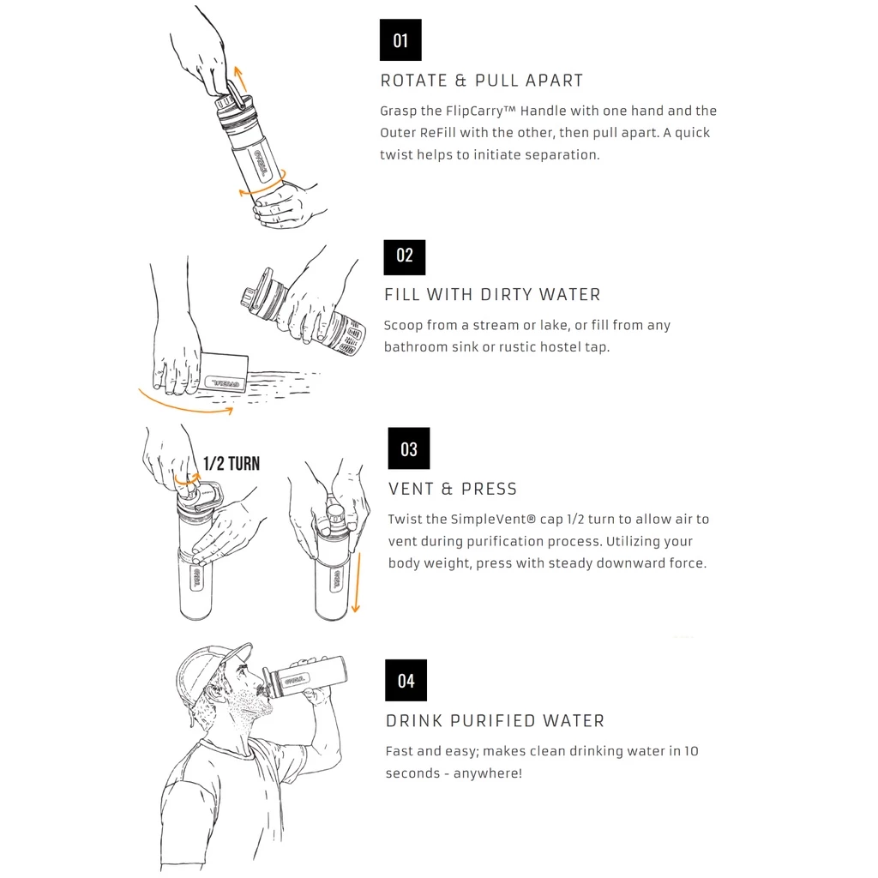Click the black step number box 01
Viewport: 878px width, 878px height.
coord(400,39)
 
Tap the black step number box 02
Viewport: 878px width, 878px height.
coord(405,257)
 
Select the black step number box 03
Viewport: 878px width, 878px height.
coord(409,448)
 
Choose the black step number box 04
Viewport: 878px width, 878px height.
coord(406,680)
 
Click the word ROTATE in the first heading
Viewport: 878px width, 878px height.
coord(414,81)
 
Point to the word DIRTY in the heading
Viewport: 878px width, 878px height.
coord(503,295)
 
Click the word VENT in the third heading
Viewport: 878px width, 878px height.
coord(411,489)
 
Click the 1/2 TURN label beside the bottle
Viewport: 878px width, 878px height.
coord(232,464)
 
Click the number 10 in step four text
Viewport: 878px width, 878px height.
coord(691,751)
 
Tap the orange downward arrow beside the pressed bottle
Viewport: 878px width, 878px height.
coord(356,582)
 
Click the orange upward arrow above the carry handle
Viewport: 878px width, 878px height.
coord(240,79)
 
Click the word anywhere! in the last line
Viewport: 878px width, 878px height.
coord(488,773)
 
